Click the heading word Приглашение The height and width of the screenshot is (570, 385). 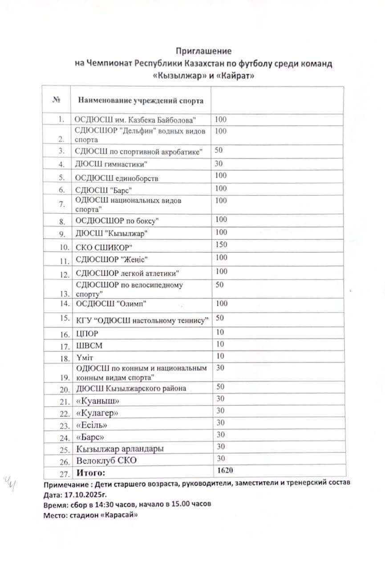click(203, 52)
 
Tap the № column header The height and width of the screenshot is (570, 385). click(57, 100)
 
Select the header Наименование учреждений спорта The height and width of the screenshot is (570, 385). click(141, 100)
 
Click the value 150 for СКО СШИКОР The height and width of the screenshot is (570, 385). click(221, 244)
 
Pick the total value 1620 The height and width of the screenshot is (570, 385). click(226, 471)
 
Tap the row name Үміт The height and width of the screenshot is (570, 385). click(85, 358)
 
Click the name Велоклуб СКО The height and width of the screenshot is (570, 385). click(106, 460)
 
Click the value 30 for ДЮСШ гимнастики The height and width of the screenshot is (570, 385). click(219, 163)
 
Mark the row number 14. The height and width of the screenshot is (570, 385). click(65, 304)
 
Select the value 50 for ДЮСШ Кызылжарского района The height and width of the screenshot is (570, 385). click(220, 387)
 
